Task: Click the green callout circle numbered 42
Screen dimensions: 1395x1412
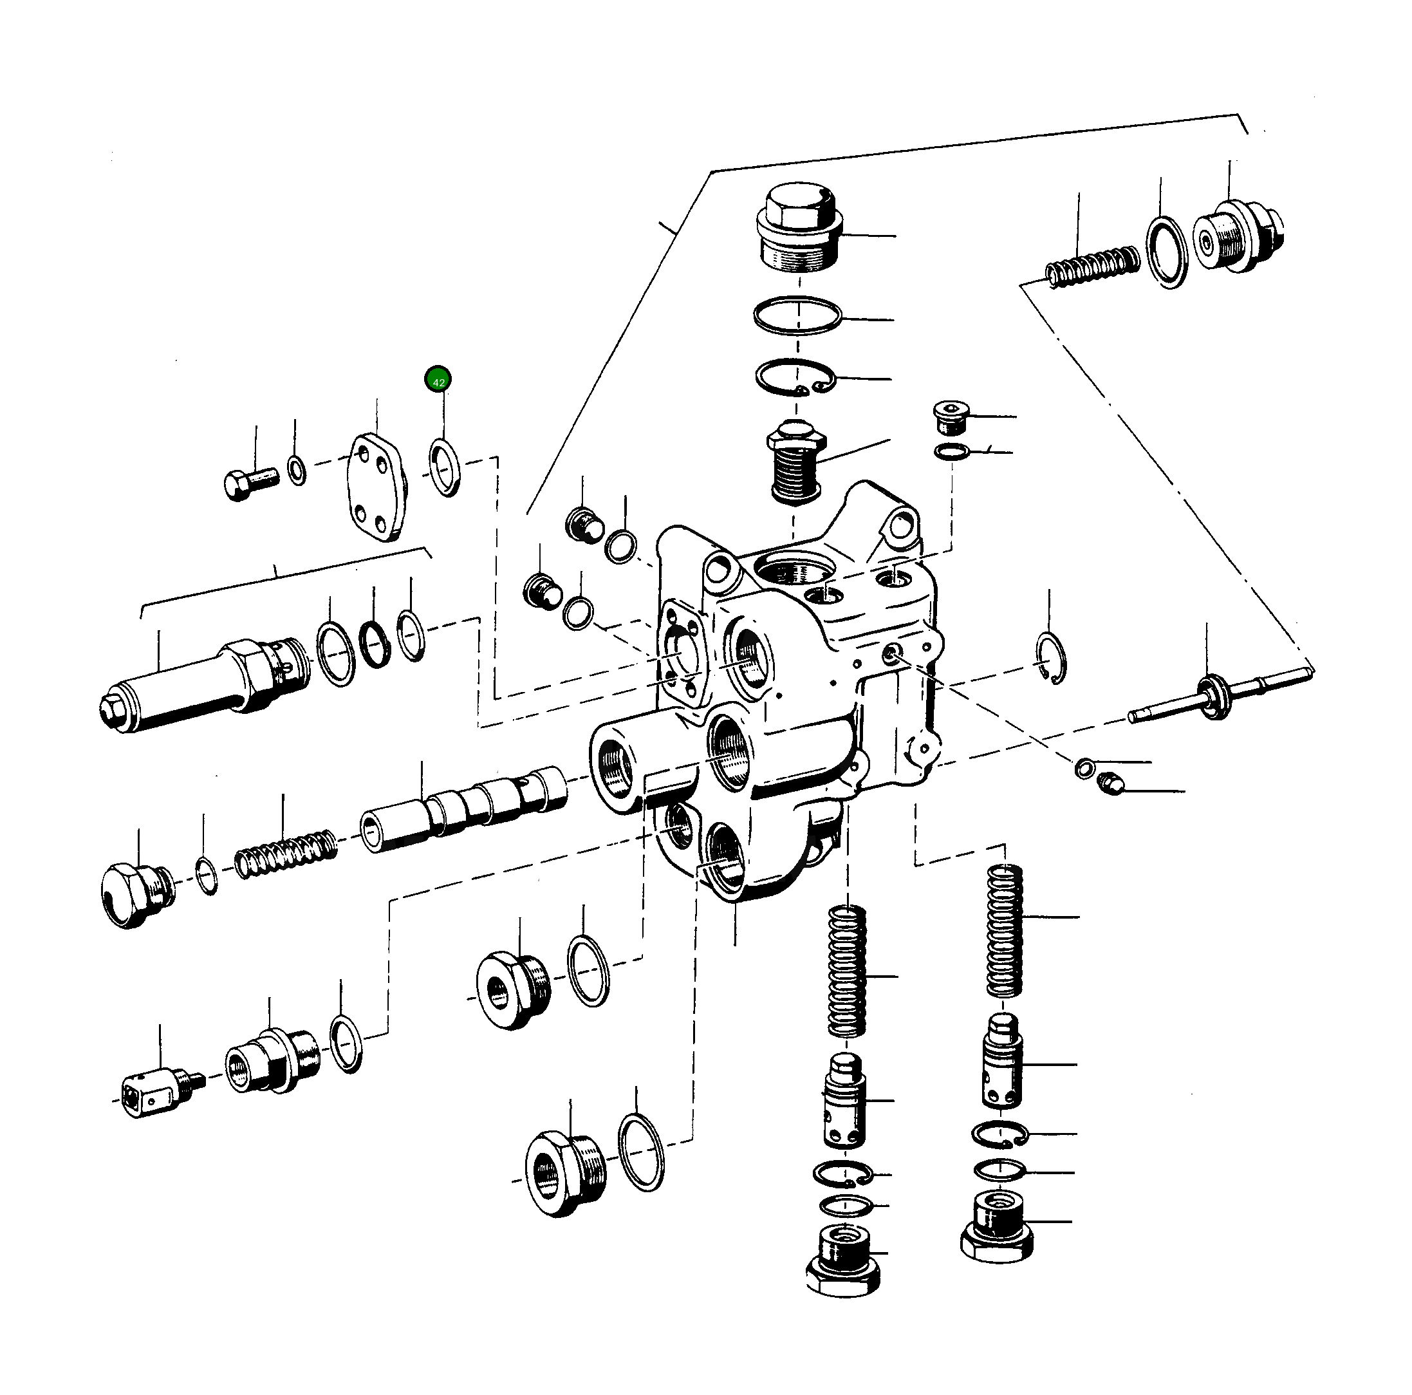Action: click(x=438, y=379)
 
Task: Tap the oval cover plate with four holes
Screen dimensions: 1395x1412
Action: click(x=377, y=488)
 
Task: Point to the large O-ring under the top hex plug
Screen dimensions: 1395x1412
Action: click(x=797, y=316)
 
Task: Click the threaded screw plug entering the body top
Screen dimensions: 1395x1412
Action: click(x=796, y=463)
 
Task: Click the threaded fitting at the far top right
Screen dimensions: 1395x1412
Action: click(x=1238, y=236)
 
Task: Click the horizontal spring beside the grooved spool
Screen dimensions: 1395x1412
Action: click(x=286, y=853)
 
